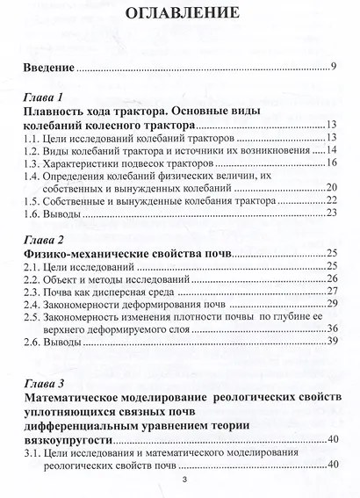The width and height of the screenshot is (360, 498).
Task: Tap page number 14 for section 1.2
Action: click(x=332, y=150)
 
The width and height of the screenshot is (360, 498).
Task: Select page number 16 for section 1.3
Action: click(x=332, y=162)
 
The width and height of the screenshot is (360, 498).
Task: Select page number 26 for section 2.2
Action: click(x=332, y=279)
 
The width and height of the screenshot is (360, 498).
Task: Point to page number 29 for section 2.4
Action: click(x=332, y=304)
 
